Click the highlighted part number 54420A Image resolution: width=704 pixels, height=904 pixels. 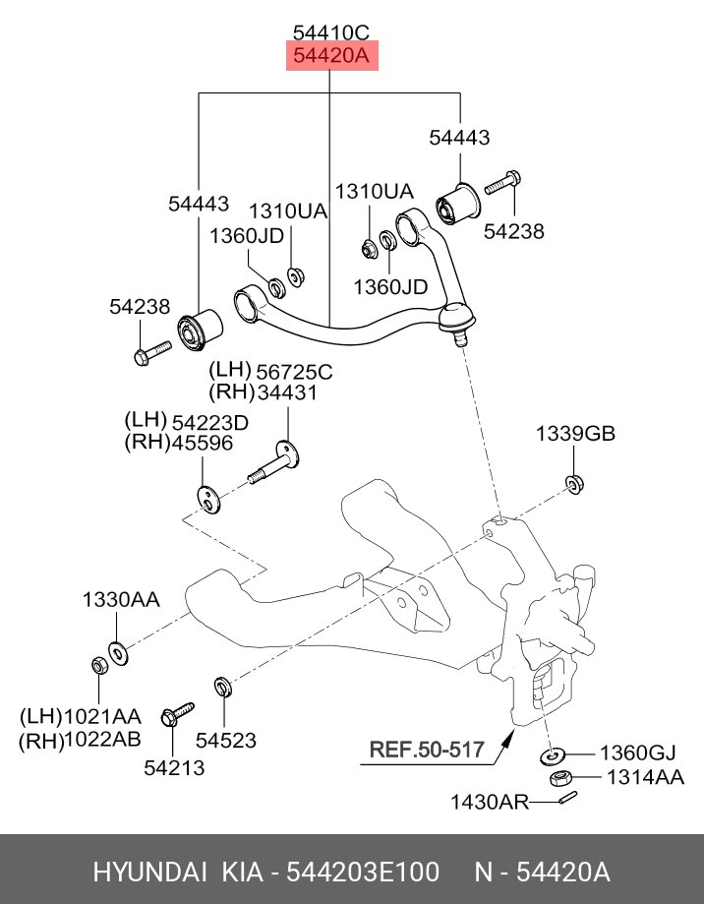tap(330, 55)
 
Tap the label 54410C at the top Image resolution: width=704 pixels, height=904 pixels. tap(331, 32)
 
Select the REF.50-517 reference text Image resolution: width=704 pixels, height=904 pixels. tap(427, 749)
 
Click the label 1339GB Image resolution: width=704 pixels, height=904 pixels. tap(575, 433)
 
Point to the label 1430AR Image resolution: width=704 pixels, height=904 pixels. tap(489, 802)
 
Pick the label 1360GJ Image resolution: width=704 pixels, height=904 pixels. tap(638, 753)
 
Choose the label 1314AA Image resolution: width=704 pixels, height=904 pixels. tap(645, 777)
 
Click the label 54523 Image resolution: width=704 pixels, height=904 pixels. tap(226, 740)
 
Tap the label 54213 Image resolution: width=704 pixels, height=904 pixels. tap(174, 767)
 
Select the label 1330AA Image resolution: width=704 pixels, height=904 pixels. tap(121, 600)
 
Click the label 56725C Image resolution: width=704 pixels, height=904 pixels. tap(294, 372)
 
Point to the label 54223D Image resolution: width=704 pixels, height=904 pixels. tap(210, 423)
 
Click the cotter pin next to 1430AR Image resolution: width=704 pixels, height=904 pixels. tap(568, 798)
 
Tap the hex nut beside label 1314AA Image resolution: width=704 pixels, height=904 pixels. tap(560, 779)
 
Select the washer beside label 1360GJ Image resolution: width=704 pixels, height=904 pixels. tap(553, 754)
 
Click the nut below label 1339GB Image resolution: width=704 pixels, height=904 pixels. tap(574, 483)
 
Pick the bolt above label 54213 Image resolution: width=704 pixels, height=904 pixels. tap(177, 714)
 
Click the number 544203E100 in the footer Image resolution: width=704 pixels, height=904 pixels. tap(363, 872)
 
